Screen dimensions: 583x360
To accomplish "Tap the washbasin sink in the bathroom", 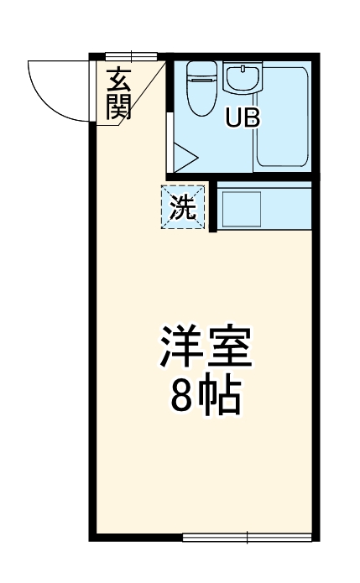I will click(x=242, y=80).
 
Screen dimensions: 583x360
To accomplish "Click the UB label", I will click(x=242, y=119).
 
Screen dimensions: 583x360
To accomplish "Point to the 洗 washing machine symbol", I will click(x=183, y=207).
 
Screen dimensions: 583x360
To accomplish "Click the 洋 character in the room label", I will click(x=181, y=349).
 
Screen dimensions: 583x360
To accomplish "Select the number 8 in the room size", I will click(x=183, y=398).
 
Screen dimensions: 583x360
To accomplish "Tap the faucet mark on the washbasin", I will click(x=242, y=69).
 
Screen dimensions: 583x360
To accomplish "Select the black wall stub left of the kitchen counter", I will click(x=213, y=206).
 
